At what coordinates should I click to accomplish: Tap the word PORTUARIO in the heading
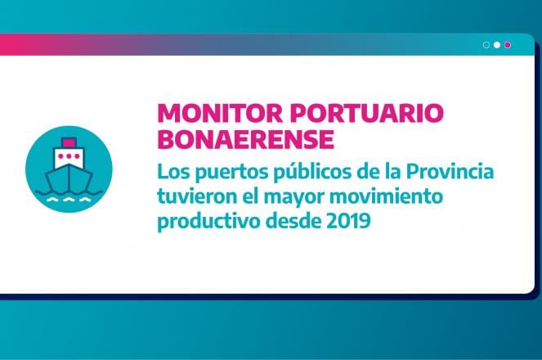(x=367, y=113)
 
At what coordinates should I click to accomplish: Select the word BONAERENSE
(x=246, y=139)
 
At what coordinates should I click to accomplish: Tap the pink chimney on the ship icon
(x=69, y=142)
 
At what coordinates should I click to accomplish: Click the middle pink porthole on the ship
(x=69, y=156)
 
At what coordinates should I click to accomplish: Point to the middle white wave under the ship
(x=69, y=200)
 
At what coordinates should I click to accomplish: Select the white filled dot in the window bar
(x=497, y=45)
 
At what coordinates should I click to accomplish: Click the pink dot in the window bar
(x=508, y=45)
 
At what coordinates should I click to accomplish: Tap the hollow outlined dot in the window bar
(x=486, y=45)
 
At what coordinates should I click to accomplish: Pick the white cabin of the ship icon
(x=69, y=157)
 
